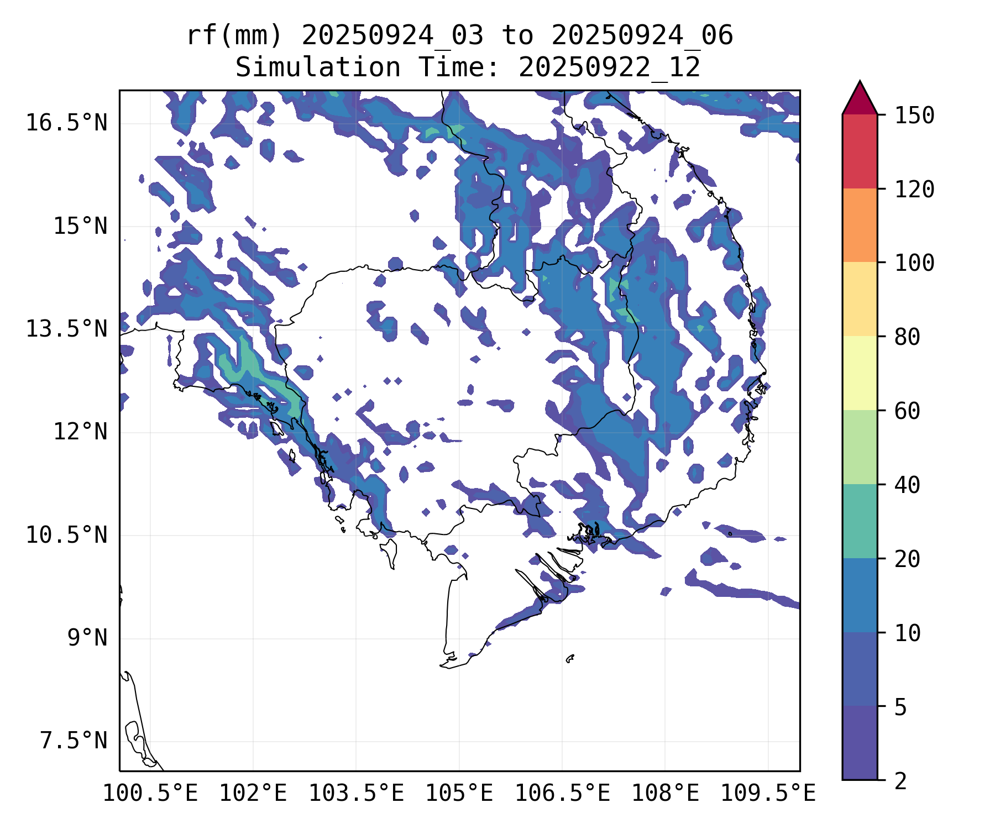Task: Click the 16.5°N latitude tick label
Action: tap(66, 123)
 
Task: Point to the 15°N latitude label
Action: tap(80, 226)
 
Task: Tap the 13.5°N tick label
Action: tap(66, 329)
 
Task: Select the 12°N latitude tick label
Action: tap(80, 432)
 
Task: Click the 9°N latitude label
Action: tap(87, 638)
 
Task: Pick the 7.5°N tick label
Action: tap(74, 741)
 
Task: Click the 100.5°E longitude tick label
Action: tap(150, 794)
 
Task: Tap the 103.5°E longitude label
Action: tap(356, 794)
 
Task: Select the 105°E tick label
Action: tap(459, 794)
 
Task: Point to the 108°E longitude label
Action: tap(665, 794)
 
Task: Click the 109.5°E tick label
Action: tap(768, 794)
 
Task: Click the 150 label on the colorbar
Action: tap(914, 116)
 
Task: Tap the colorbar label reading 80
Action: tap(907, 337)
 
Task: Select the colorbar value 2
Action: tap(900, 781)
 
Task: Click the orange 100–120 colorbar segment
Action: tap(860, 225)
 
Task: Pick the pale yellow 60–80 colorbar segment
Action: tap(860, 373)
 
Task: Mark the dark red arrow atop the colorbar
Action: tap(860, 99)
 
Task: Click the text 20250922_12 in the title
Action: tap(609, 67)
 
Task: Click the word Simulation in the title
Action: tap(318, 67)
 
